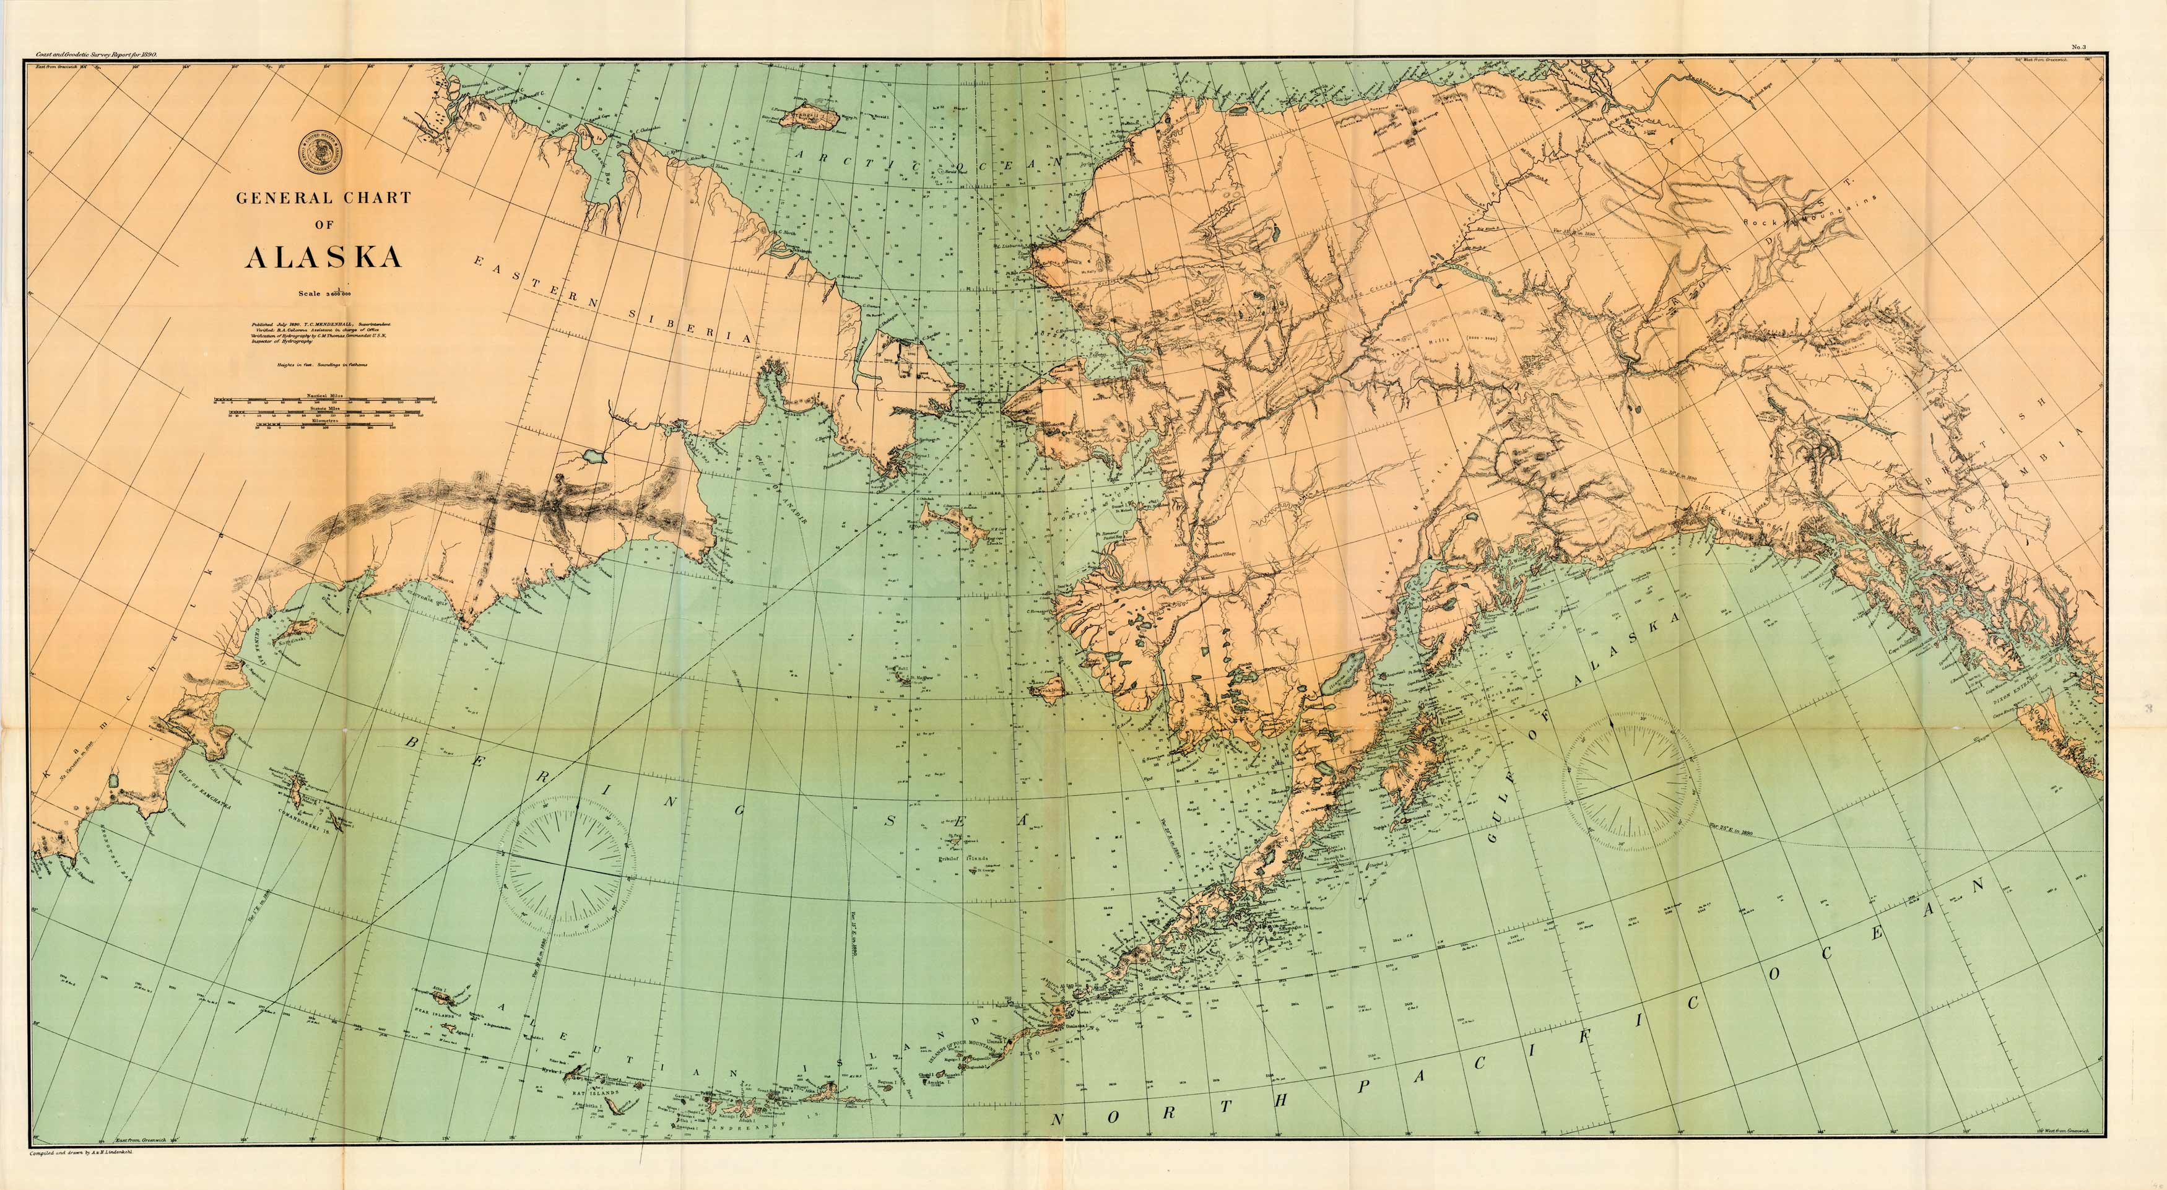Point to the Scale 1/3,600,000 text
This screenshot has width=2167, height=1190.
tap(323, 293)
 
